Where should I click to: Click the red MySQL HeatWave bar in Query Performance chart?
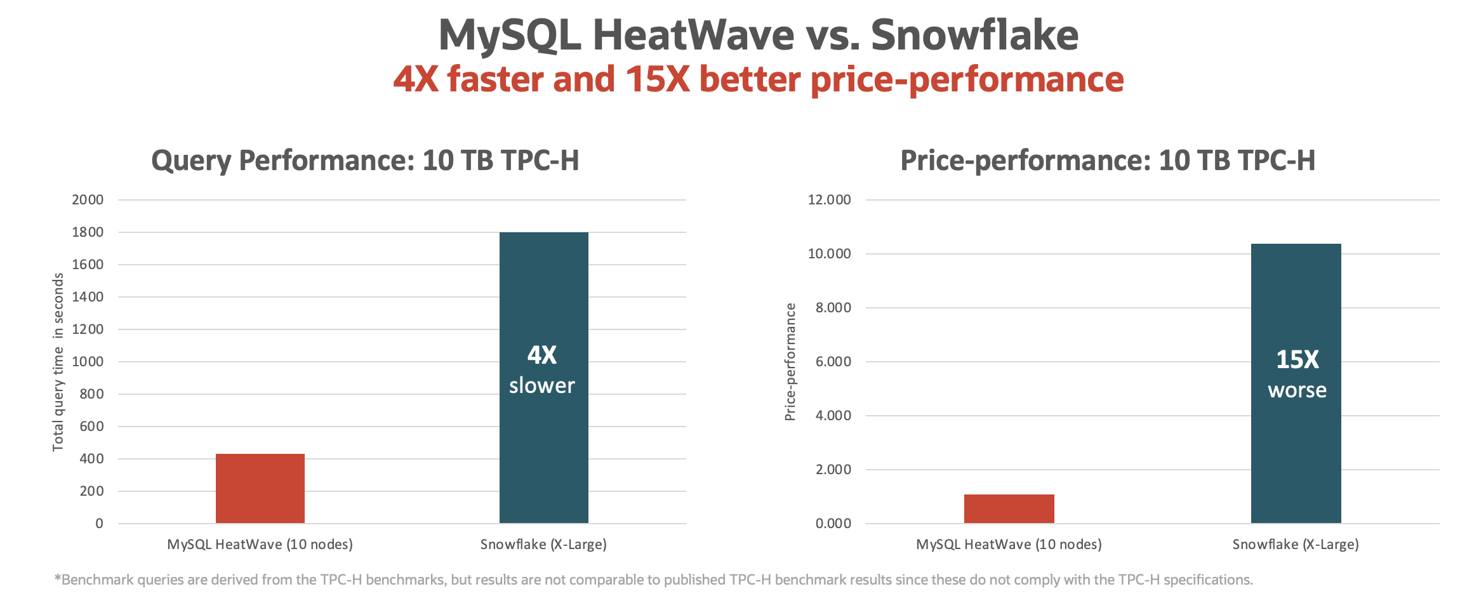pyautogui.click(x=260, y=488)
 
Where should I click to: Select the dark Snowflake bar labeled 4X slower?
pyautogui.click(x=543, y=286)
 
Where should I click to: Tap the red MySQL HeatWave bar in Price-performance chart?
pyautogui.click(x=1009, y=508)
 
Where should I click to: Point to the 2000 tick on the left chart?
pyautogui.click(x=88, y=200)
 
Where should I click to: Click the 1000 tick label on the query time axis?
pyautogui.click(x=88, y=362)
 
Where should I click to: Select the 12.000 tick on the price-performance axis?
pyautogui.click(x=829, y=200)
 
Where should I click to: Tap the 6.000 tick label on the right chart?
pyautogui.click(x=833, y=362)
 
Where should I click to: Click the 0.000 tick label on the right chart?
pyautogui.click(x=833, y=524)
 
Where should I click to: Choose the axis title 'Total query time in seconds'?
pyautogui.click(x=58, y=362)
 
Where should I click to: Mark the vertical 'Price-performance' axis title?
pyautogui.click(x=790, y=362)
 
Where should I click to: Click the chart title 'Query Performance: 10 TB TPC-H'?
pyautogui.click(x=365, y=161)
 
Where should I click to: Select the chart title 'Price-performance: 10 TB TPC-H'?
pyautogui.click(x=1108, y=161)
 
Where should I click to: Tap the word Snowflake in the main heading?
pyautogui.click(x=974, y=35)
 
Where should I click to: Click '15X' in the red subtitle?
pyautogui.click(x=657, y=80)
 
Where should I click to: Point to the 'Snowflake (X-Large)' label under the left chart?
pyautogui.click(x=543, y=545)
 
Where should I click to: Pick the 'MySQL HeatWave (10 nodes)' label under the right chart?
pyautogui.click(x=1009, y=545)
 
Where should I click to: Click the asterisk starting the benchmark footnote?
pyautogui.click(x=58, y=578)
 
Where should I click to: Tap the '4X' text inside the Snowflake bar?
pyautogui.click(x=542, y=355)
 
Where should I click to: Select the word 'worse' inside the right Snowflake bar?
pyautogui.click(x=1297, y=390)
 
